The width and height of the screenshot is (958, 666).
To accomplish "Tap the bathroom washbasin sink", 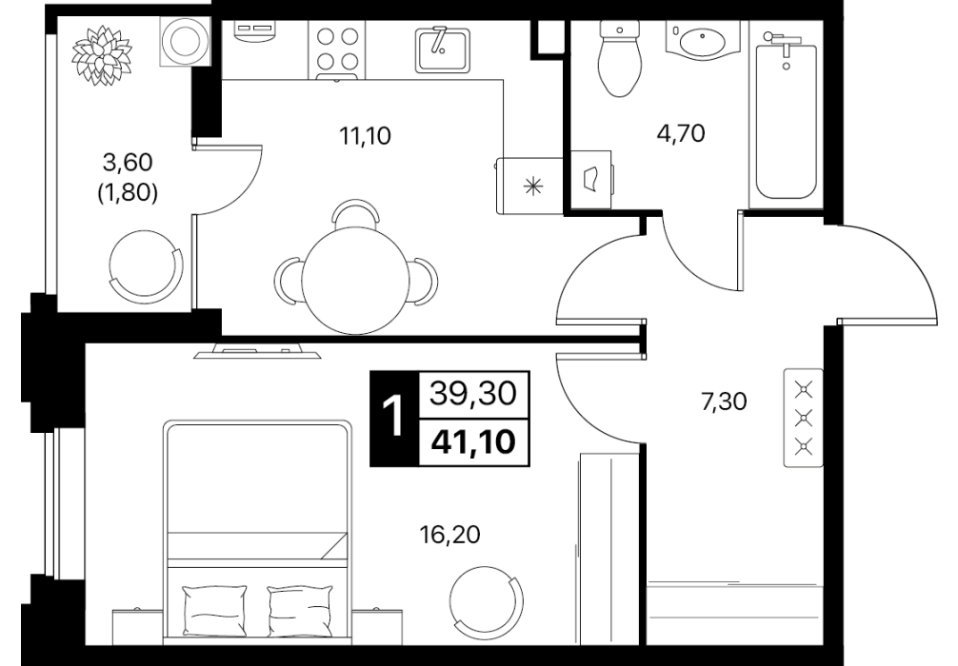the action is click(x=702, y=40).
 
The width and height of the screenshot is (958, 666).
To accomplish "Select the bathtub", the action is click(x=786, y=116).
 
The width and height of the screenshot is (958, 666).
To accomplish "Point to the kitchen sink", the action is click(x=443, y=49).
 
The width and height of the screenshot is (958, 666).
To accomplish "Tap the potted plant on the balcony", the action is click(x=102, y=55).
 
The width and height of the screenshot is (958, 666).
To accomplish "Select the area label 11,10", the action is click(x=366, y=135).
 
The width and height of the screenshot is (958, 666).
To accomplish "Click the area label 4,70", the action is click(x=681, y=132).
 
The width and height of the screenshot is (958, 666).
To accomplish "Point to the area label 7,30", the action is click(x=724, y=402).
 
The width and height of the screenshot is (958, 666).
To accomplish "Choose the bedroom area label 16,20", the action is click(x=449, y=535).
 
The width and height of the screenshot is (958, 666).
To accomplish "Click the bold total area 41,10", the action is click(x=473, y=442).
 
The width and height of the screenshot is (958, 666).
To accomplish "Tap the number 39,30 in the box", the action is click(x=473, y=393).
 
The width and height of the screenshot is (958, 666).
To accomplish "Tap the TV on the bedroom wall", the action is click(x=256, y=352).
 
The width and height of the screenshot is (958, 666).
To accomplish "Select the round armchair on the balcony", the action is click(x=146, y=266).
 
